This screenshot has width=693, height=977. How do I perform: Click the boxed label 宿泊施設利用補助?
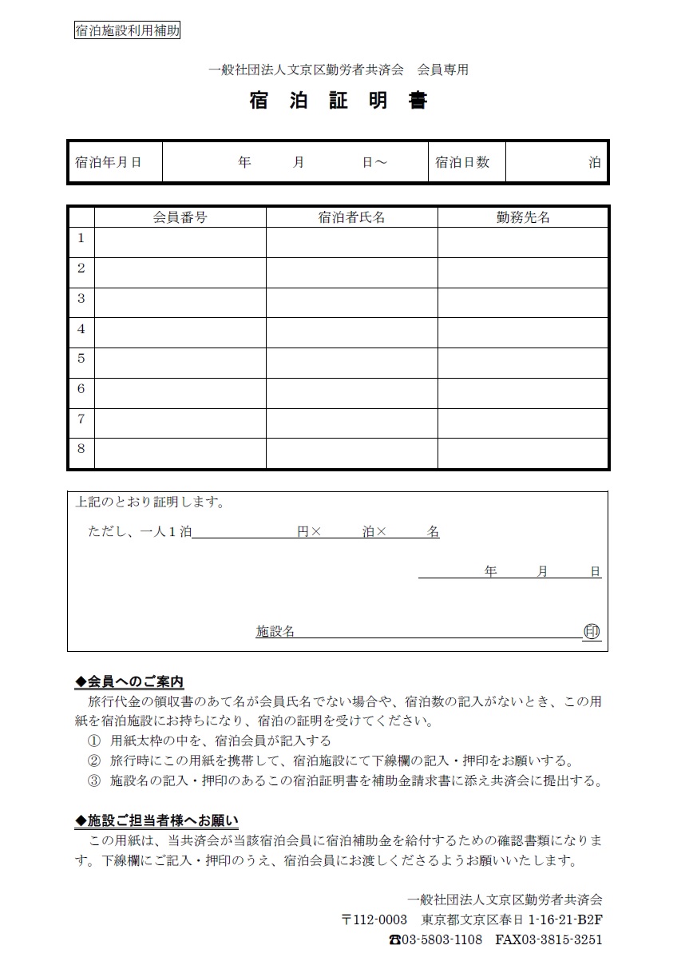127,31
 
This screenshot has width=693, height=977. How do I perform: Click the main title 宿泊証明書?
339,101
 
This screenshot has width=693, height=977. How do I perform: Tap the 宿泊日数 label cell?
462,162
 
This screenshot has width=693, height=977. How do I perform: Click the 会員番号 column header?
180,217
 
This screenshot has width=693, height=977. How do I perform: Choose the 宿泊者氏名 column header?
351,217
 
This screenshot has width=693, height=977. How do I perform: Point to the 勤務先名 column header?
523,217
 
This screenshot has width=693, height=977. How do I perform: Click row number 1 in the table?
81,238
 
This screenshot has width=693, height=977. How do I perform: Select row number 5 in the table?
81,359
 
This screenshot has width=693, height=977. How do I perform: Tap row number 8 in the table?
81,449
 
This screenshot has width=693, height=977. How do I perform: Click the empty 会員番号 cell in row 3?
180,303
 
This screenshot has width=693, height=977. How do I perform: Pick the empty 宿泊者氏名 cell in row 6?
351,393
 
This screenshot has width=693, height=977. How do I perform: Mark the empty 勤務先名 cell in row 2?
523,272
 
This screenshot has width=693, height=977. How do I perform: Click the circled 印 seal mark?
592,631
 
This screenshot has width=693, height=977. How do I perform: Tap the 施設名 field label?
275,632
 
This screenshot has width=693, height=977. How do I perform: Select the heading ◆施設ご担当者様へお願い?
156,820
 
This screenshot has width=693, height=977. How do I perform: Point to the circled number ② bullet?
94,761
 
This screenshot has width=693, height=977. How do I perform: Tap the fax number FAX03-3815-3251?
548,939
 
